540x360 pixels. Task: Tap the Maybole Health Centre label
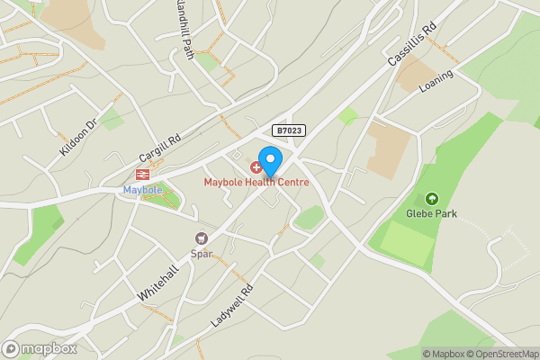(x=256, y=183)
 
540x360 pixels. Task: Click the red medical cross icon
(x=256, y=167)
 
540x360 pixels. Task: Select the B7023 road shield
(x=289, y=131)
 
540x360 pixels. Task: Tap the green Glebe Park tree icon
(x=431, y=198)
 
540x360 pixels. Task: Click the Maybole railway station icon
(x=141, y=175)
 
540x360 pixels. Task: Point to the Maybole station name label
(x=141, y=190)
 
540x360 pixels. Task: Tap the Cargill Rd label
(x=161, y=146)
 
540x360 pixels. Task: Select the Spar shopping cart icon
(x=202, y=238)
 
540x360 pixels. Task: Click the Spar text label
(x=202, y=253)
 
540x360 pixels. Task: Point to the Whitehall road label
(x=158, y=283)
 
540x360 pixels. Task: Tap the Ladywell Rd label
(x=232, y=304)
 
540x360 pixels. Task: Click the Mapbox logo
(x=40, y=348)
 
